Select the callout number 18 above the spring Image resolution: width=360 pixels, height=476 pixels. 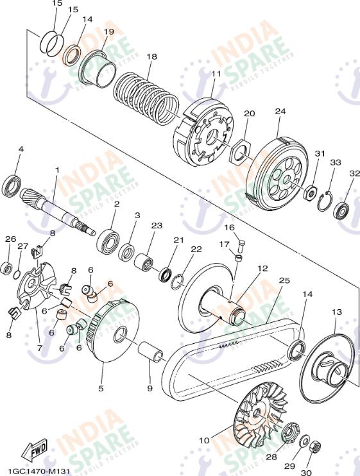[152, 56]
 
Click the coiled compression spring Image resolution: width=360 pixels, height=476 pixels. [146, 96]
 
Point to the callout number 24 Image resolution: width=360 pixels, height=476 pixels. [280, 111]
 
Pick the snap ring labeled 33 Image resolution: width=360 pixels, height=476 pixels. [325, 200]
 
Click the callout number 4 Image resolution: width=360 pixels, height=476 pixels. [21, 149]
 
